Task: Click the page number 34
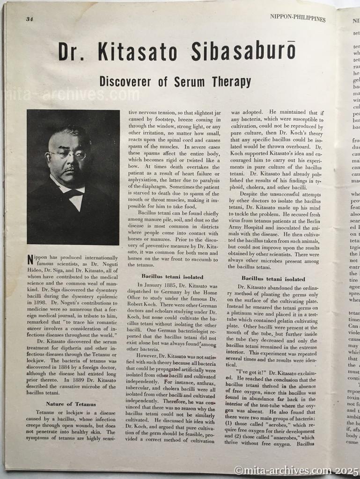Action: click(29, 19)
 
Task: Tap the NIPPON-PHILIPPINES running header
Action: click(297, 18)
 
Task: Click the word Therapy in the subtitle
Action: click(230, 82)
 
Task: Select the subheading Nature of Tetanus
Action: click(71, 404)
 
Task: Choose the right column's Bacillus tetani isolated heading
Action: click(273, 279)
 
